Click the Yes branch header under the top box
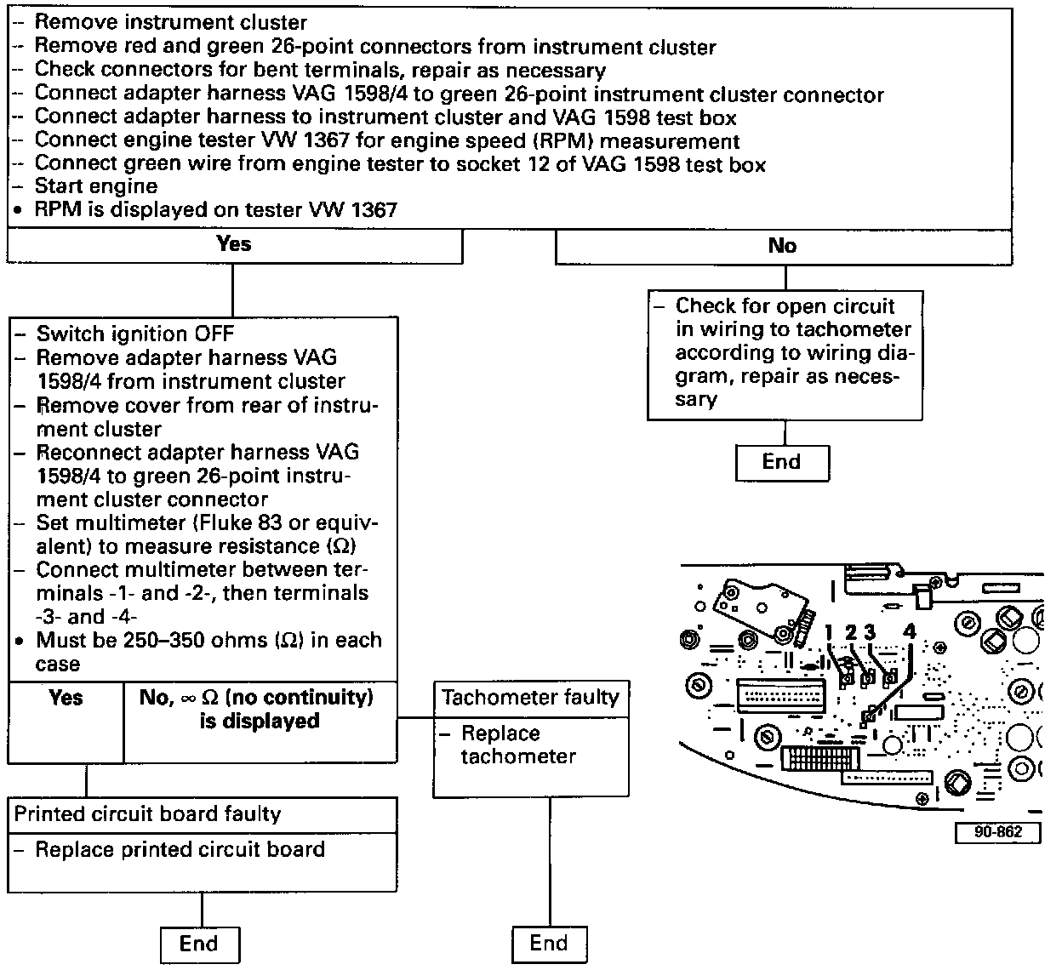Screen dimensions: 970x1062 click(x=234, y=245)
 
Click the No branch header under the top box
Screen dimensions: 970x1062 click(x=782, y=246)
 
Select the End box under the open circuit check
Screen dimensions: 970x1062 click(x=781, y=462)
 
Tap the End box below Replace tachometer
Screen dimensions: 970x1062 click(x=548, y=943)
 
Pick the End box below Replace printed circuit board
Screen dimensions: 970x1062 click(x=199, y=944)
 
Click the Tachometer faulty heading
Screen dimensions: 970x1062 click(x=530, y=698)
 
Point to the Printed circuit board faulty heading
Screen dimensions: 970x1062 click(x=147, y=814)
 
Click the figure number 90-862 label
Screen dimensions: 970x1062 click(x=997, y=832)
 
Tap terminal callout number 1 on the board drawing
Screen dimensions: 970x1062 click(x=830, y=632)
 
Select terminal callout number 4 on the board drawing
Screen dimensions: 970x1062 click(x=910, y=632)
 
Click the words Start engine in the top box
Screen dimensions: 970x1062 click(x=96, y=186)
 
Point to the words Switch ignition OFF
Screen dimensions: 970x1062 click(x=134, y=334)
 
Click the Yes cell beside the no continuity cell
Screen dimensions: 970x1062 click(x=66, y=699)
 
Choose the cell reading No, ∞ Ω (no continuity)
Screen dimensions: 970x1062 click(x=256, y=709)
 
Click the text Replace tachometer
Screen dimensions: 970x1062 click(x=518, y=745)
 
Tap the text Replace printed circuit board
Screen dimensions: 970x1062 click(x=180, y=849)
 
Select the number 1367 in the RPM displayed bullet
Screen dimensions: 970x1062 click(x=373, y=209)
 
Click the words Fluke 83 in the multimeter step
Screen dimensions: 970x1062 click(x=249, y=522)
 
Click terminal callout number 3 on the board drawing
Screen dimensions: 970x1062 click(x=869, y=632)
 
